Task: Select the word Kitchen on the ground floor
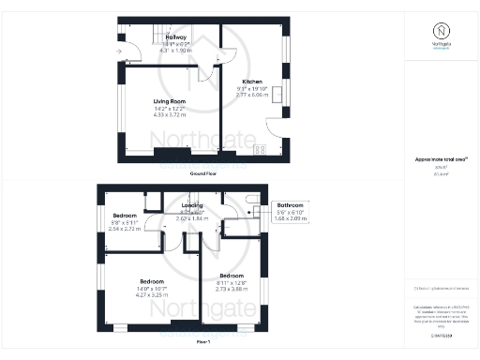coord(253,82)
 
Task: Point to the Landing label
coord(192,205)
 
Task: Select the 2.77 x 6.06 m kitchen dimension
coord(253,95)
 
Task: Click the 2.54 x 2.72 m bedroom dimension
coord(125,228)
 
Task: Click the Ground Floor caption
coord(204,174)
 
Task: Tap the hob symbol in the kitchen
coord(260,149)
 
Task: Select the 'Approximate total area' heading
coord(441,161)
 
